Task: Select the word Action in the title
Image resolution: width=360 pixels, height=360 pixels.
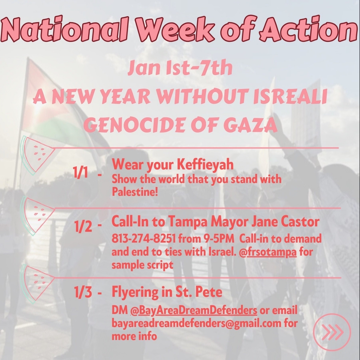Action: coord(309,29)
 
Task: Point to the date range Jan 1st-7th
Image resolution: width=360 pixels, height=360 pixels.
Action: coord(180,68)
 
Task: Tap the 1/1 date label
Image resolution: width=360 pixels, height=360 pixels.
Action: coord(81,172)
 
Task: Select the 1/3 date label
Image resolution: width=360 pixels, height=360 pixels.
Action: coord(83,292)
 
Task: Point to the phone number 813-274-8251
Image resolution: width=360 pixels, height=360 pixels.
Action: coord(144,239)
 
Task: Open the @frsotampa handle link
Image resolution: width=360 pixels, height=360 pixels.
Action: coord(268,252)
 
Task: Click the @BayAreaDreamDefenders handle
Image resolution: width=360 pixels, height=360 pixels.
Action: coord(194,310)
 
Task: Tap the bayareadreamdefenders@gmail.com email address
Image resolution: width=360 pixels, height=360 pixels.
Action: coord(196,323)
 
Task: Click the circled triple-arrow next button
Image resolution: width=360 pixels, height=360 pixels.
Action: coord(332,332)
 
